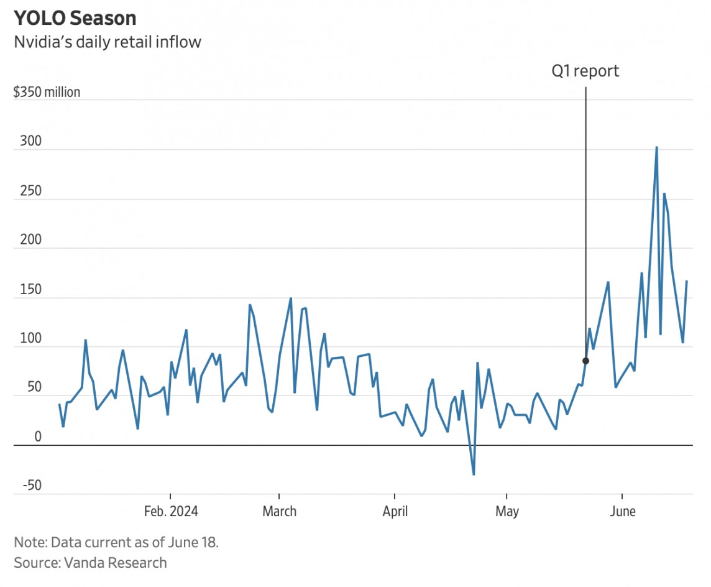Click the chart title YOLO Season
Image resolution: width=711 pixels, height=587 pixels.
[x=75, y=18]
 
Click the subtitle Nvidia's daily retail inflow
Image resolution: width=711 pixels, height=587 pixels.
[x=107, y=42]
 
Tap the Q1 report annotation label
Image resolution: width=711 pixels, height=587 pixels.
[x=585, y=71]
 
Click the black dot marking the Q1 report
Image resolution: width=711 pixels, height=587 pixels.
[x=585, y=361]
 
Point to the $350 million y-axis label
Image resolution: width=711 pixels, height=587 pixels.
[x=47, y=93]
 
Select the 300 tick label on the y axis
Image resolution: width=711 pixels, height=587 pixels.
[x=26, y=142]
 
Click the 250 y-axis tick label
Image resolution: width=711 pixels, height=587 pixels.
[x=26, y=191]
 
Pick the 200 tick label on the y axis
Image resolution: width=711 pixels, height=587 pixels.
[x=26, y=240]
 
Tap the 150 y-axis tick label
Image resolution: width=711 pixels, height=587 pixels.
[x=26, y=290]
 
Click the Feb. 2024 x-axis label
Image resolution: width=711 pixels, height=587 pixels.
[x=171, y=512]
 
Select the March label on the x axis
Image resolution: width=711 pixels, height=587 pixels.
[x=279, y=512]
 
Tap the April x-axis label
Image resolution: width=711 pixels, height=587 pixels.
[x=395, y=512]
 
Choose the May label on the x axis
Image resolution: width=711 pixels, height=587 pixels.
[x=507, y=512]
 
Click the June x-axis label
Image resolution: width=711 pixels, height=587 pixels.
[x=623, y=512]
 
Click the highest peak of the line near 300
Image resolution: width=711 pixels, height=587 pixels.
[x=656, y=148]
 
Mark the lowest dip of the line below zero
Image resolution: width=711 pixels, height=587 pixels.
[x=474, y=474]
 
